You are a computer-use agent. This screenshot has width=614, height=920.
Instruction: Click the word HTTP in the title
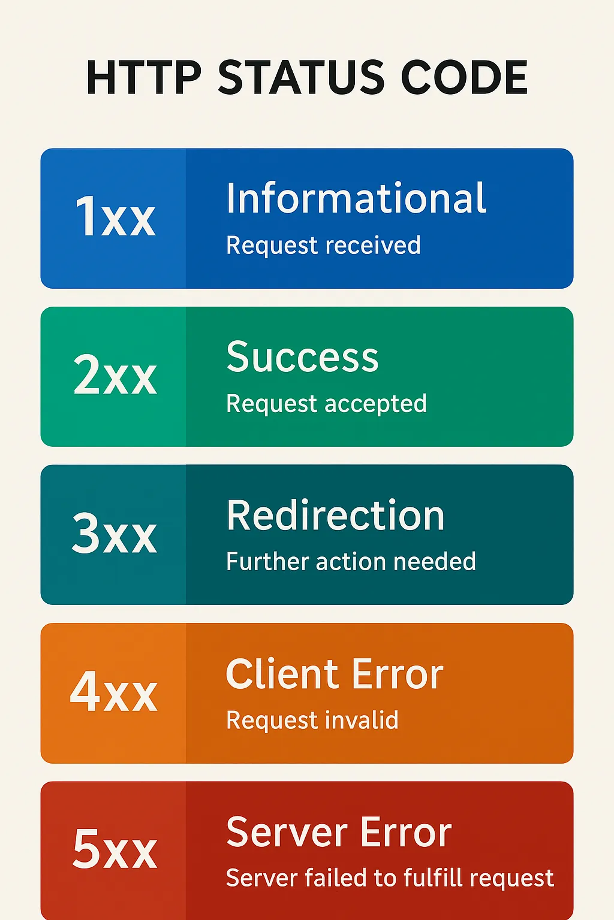pos(144,77)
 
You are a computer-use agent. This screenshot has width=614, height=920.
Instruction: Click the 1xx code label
pos(115,216)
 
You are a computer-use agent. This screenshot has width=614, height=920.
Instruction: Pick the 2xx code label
pos(115,374)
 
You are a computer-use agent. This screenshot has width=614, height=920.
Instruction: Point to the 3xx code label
pos(115,532)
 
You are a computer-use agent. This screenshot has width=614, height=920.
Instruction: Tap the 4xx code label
pos(113,691)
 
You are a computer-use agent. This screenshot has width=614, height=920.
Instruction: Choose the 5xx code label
pos(115,849)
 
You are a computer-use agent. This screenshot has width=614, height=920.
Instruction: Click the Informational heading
pos(356,198)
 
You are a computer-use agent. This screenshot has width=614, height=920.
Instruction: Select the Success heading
pos(302,356)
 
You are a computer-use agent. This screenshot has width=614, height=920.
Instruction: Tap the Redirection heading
pos(336,515)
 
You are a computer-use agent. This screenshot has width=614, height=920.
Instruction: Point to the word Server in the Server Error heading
pos(282,832)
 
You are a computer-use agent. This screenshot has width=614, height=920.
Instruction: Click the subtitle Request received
pos(324,246)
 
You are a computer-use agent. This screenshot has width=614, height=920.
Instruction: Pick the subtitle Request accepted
pos(327,404)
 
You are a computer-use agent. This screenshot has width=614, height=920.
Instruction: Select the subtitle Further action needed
pos(351,561)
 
